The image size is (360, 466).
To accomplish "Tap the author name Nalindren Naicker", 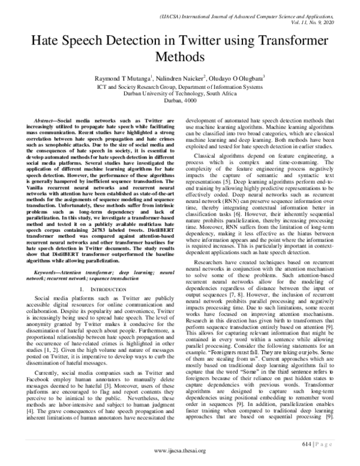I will (x=179, y=78).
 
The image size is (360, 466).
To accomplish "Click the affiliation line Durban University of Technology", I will (x=180, y=94).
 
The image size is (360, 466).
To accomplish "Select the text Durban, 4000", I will (x=180, y=101).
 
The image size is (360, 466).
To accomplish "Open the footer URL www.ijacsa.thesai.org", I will (x=180, y=450).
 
